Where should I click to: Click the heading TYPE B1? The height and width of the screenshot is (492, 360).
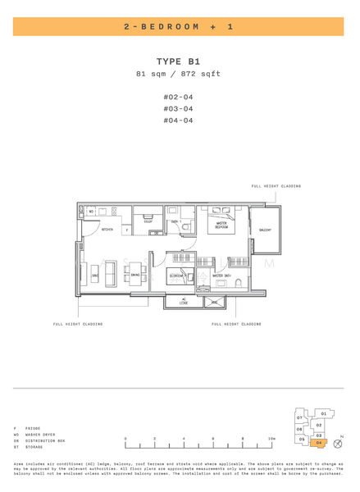pyautogui.click(x=179, y=61)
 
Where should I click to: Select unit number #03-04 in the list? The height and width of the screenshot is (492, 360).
pyautogui.click(x=179, y=108)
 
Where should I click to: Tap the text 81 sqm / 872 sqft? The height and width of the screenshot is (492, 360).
pyautogui.click(x=179, y=75)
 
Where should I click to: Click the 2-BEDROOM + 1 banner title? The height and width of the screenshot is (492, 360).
pyautogui.click(x=179, y=27)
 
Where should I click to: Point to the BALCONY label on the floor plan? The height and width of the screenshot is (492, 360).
pyautogui.click(x=265, y=230)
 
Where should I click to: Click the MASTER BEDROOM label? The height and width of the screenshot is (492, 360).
pyautogui.click(x=221, y=225)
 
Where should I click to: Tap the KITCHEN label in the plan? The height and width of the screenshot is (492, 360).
pyautogui.click(x=107, y=230)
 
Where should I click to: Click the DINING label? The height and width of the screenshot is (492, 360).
pyautogui.click(x=136, y=276)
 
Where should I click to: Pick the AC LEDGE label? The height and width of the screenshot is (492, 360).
pyautogui.click(x=184, y=302)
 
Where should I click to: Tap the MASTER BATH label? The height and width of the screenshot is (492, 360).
pyautogui.click(x=222, y=276)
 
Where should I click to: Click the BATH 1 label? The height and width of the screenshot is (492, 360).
pyautogui.click(x=175, y=221)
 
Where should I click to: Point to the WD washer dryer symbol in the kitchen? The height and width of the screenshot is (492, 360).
pyautogui.click(x=91, y=212)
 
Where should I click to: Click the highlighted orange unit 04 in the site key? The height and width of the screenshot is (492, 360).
pyautogui.click(x=318, y=443)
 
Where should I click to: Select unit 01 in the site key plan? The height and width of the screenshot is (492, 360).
pyautogui.click(x=323, y=414)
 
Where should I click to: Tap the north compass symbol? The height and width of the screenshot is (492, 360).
pyautogui.click(x=337, y=443)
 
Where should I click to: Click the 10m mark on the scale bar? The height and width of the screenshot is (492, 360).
pyautogui.click(x=271, y=439)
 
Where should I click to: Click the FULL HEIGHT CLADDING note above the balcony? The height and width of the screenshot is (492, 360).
pyautogui.click(x=276, y=186)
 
